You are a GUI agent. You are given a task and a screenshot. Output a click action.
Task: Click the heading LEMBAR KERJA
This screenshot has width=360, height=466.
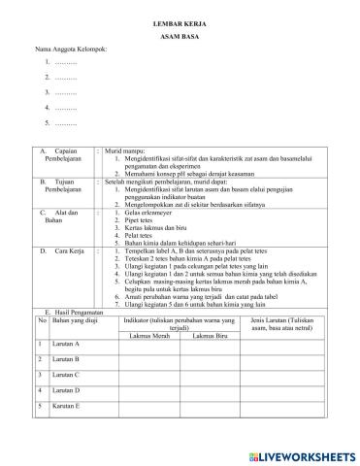(x=180, y=18)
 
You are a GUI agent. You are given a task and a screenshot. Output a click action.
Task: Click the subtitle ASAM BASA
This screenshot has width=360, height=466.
(x=180, y=33)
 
